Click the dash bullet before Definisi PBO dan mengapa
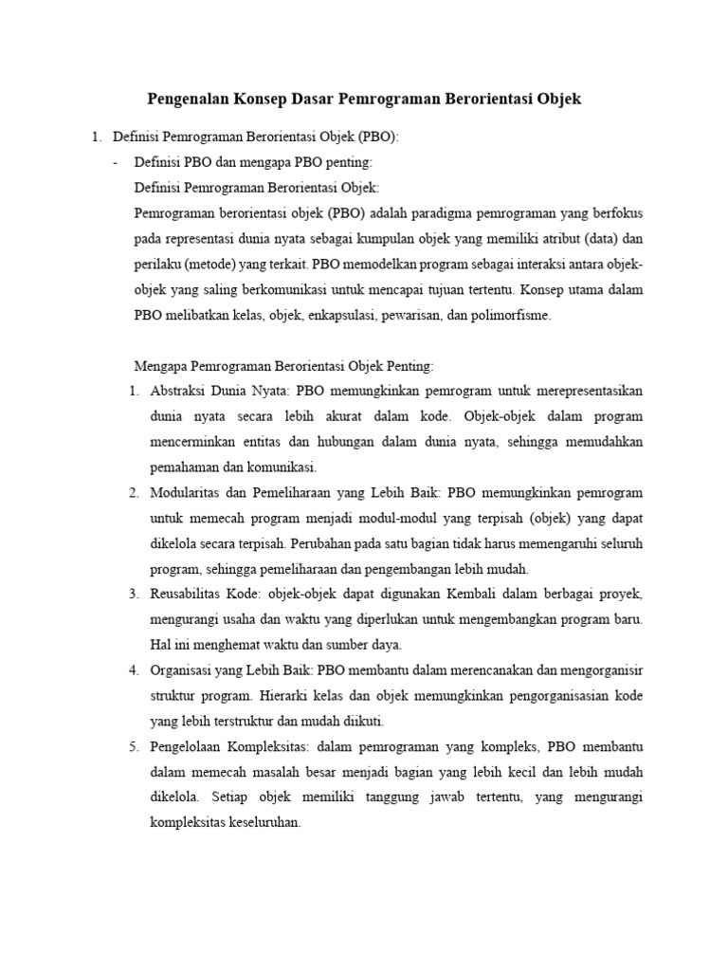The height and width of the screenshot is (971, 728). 116,162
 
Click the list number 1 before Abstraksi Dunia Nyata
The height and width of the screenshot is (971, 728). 133,391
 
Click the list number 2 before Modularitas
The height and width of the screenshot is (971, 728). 133,492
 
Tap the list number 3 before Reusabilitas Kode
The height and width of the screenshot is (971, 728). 133,594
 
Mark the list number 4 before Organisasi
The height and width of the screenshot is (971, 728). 133,670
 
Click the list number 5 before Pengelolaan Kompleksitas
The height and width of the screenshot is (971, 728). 133,746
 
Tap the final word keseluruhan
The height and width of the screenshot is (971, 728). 257,823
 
